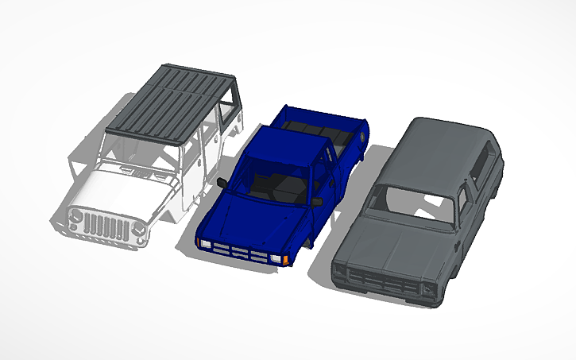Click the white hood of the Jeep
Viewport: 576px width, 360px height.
119,191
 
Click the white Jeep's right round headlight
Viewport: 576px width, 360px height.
138,231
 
